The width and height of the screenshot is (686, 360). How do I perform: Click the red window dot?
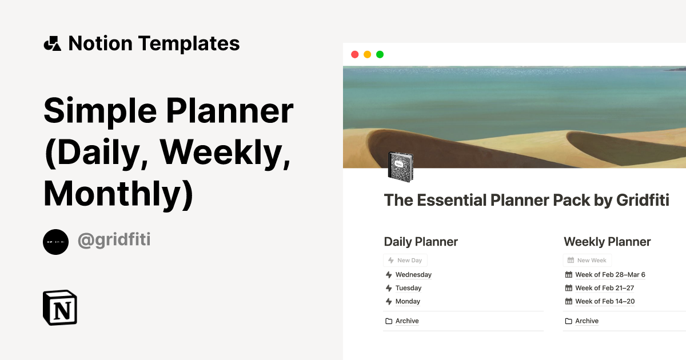pyautogui.click(x=354, y=54)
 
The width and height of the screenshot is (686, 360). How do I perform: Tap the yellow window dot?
pyautogui.click(x=367, y=54)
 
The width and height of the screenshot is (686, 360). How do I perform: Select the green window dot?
pyautogui.click(x=380, y=54)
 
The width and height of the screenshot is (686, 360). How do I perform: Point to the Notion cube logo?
pyautogui.click(x=60, y=308)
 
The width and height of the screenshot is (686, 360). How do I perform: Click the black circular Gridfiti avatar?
pyautogui.click(x=55, y=242)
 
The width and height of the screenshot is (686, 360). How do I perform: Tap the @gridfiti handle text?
pyautogui.click(x=114, y=240)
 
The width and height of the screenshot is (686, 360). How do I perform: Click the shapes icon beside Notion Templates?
pyautogui.click(x=52, y=43)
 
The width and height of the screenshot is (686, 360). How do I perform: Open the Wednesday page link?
pyautogui.click(x=413, y=275)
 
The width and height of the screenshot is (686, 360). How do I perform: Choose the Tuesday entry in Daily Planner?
pyautogui.click(x=408, y=288)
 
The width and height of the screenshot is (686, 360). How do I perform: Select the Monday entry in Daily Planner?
pyautogui.click(x=408, y=301)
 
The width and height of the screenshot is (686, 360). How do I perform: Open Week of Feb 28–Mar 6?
pyautogui.click(x=610, y=275)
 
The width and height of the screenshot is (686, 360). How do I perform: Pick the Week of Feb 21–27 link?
pyautogui.click(x=604, y=288)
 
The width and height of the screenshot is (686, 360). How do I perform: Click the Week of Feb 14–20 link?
pyautogui.click(x=605, y=301)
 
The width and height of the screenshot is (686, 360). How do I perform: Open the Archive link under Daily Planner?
pyautogui.click(x=407, y=321)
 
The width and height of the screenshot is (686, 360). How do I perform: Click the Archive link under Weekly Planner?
pyautogui.click(x=587, y=321)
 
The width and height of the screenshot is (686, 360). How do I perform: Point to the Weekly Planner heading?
pyautogui.click(x=607, y=242)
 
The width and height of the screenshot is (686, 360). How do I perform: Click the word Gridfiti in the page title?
pyautogui.click(x=643, y=201)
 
